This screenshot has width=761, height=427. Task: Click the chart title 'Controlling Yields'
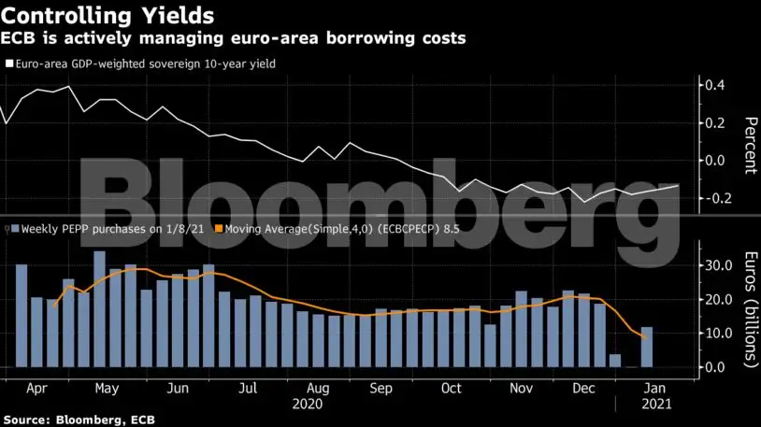coord(107,15)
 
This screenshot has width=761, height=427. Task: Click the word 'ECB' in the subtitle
coord(19,39)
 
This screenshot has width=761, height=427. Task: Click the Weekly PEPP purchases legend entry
coord(108,228)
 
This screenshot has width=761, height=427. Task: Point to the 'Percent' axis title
coord(750,145)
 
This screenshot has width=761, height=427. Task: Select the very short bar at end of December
coord(614,361)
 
